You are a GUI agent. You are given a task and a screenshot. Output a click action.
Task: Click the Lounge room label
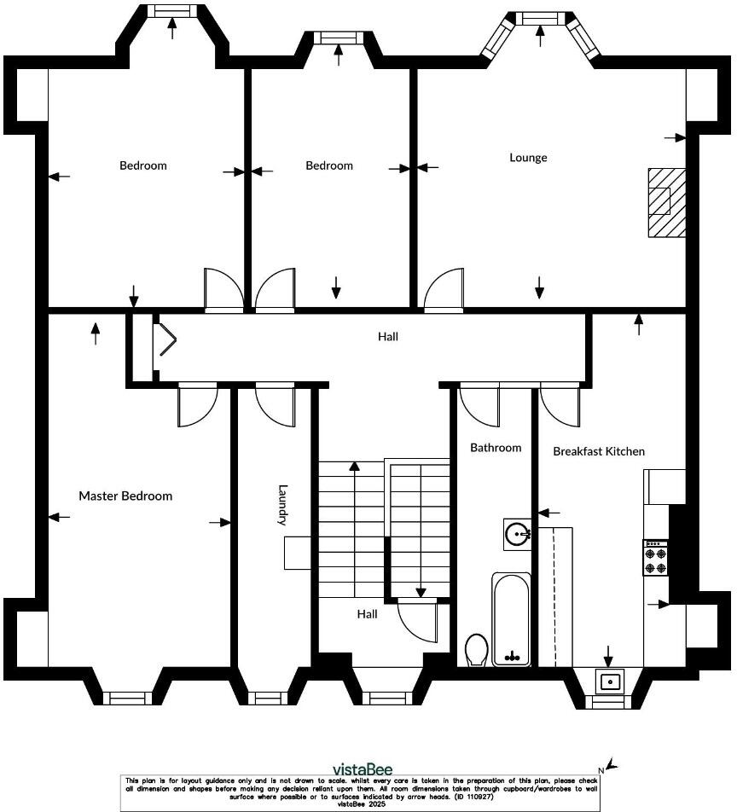pyautogui.click(x=528, y=158)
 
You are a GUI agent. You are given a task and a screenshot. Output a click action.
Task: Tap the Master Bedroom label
pyautogui.click(x=125, y=496)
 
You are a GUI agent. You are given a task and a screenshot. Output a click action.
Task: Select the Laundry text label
pyautogui.click(x=284, y=505)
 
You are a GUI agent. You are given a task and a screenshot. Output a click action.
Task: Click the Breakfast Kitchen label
pyautogui.click(x=599, y=451)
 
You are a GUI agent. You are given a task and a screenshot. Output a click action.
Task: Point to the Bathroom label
pyautogui.click(x=496, y=448)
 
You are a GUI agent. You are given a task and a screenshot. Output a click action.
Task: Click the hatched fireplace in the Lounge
pyautogui.click(x=665, y=201)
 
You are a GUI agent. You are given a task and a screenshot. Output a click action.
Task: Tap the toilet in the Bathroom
pyautogui.click(x=477, y=650)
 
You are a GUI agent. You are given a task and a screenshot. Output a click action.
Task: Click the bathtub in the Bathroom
pyautogui.click(x=511, y=618)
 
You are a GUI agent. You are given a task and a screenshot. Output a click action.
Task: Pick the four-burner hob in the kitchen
pyautogui.click(x=655, y=558)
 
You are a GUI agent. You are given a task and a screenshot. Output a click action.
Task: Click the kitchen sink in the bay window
pyautogui.click(x=610, y=682)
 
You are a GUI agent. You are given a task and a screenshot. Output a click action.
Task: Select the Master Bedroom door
pyautogui.click(x=198, y=405)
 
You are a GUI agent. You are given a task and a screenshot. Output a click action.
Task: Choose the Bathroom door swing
pyautogui.click(x=479, y=405)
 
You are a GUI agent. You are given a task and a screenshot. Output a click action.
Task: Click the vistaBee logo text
pyautogui.click(x=362, y=769)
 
